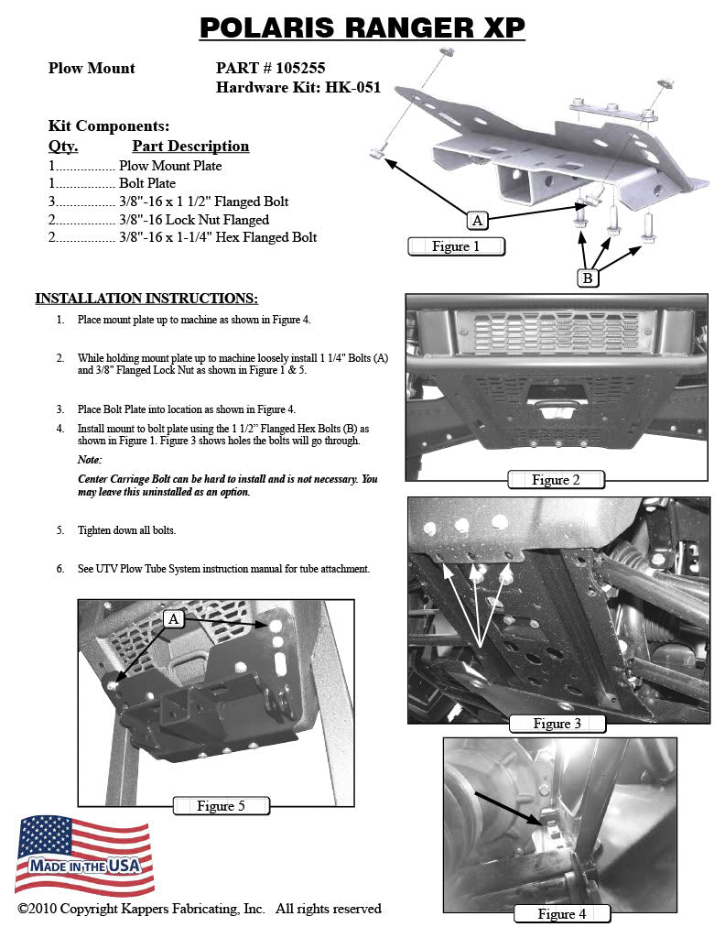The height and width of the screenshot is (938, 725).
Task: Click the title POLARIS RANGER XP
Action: (x=362, y=28)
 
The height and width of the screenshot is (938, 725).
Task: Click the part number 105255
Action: (x=297, y=68)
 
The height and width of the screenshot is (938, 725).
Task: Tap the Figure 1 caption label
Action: (x=455, y=245)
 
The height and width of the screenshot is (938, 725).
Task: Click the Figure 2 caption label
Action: (x=556, y=479)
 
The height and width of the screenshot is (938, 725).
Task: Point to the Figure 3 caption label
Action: (x=557, y=724)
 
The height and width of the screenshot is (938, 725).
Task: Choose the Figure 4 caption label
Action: (x=561, y=913)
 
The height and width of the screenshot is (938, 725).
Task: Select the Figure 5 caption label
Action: (x=221, y=806)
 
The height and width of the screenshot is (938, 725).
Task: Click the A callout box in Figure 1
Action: (x=477, y=220)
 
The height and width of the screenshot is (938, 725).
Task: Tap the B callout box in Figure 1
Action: (x=588, y=278)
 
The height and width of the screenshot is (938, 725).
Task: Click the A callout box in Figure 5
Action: (x=174, y=620)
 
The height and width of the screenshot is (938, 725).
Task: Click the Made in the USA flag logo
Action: (x=83, y=854)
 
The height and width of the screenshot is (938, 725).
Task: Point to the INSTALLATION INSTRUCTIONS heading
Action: (x=146, y=299)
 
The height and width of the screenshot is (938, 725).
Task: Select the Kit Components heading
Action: (x=108, y=126)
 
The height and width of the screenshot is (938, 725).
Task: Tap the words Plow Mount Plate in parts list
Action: (x=170, y=166)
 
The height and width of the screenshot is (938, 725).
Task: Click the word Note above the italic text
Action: (x=90, y=459)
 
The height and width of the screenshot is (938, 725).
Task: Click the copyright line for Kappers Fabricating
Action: (x=199, y=909)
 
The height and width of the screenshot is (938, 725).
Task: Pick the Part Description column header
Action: (x=190, y=147)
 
